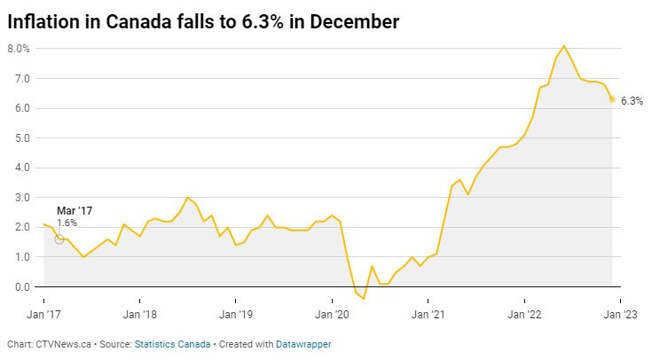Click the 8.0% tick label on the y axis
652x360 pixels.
click(x=19, y=49)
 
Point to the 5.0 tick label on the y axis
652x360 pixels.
click(x=21, y=138)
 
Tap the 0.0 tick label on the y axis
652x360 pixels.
click(x=21, y=286)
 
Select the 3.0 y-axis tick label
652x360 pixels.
click(x=21, y=198)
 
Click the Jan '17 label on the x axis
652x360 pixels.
click(x=43, y=313)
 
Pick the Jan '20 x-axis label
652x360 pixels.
click(x=333, y=313)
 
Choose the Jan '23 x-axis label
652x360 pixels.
click(x=620, y=313)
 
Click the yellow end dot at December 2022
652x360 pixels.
click(x=612, y=99)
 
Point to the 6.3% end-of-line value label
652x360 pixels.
click(x=632, y=101)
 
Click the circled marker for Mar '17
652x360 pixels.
click(x=59, y=239)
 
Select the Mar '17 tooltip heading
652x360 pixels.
click(x=75, y=210)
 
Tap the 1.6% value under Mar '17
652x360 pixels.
click(x=67, y=223)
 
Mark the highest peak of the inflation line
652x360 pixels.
click(x=564, y=46)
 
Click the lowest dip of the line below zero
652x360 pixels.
click(x=364, y=299)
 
